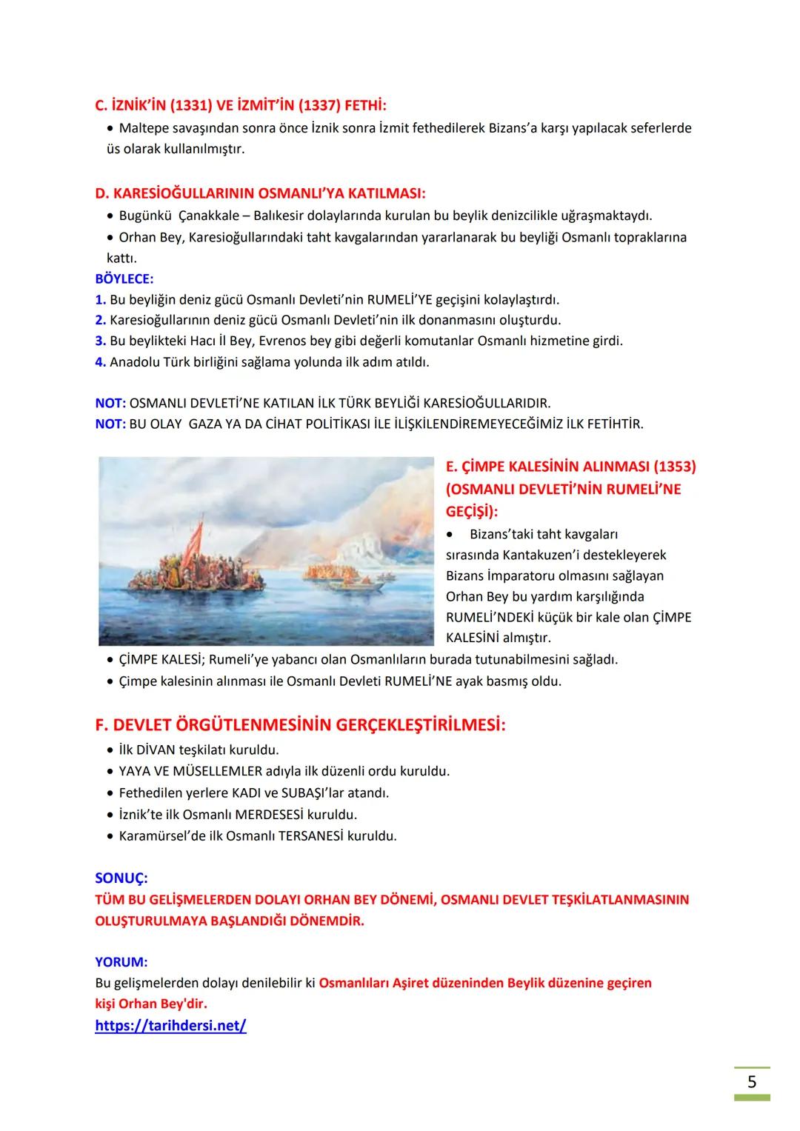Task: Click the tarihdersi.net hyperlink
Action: click(170, 1026)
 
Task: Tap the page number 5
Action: click(752, 1082)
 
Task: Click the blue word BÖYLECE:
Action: click(124, 279)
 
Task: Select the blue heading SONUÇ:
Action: click(121, 878)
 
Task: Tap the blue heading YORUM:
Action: click(121, 962)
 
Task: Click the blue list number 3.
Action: click(100, 341)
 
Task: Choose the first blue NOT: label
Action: click(110, 404)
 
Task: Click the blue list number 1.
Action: click(100, 300)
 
